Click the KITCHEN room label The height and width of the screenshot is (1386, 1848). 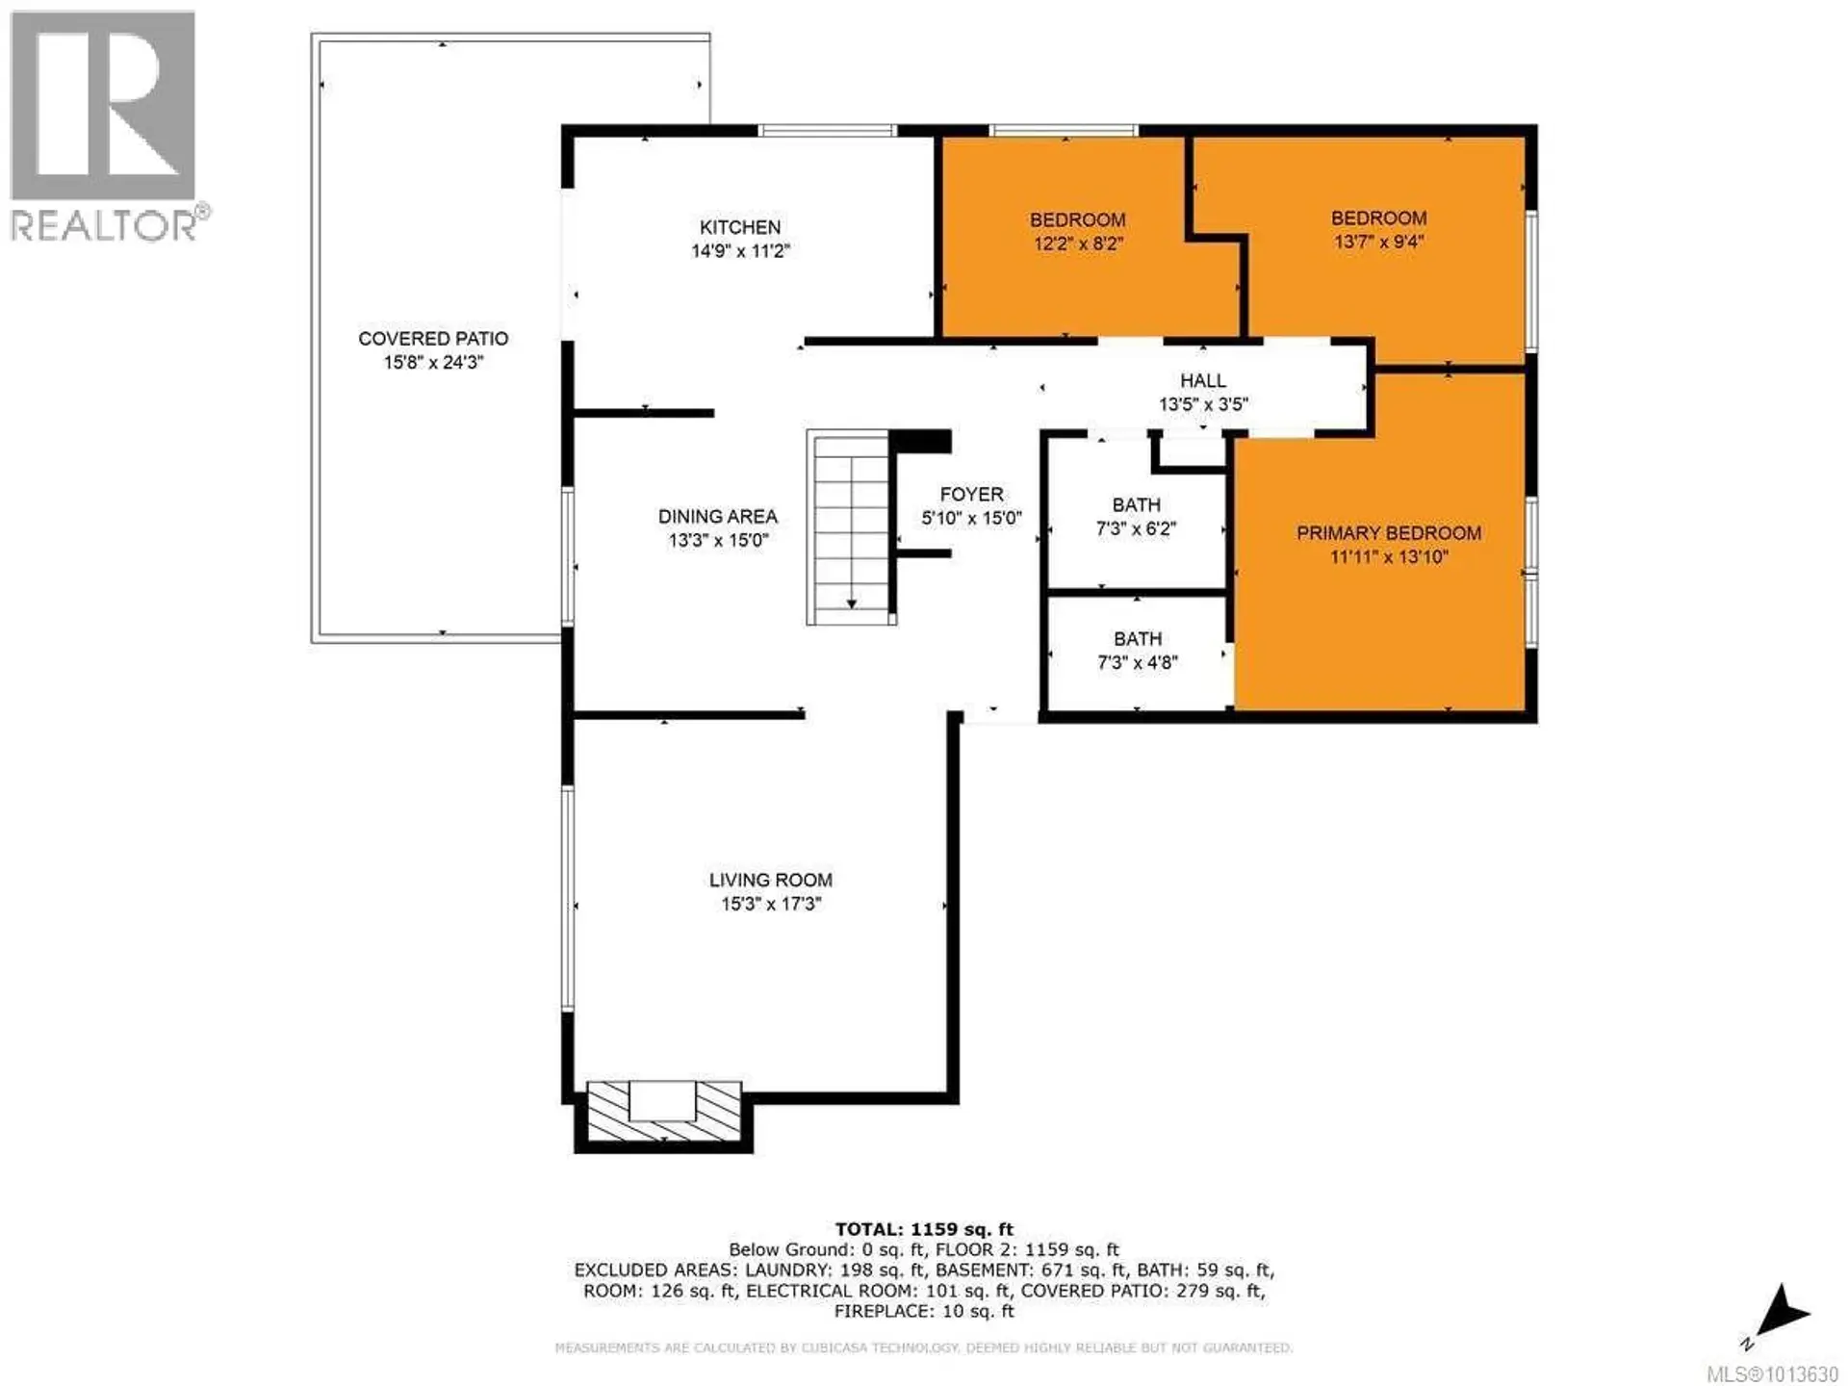tap(739, 227)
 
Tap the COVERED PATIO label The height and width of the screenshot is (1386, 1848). tap(433, 339)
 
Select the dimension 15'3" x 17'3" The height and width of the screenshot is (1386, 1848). tap(770, 904)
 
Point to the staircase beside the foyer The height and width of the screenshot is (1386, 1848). tap(851, 527)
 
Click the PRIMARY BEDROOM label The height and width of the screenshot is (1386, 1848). tap(1388, 533)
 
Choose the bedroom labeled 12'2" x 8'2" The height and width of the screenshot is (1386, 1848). tap(1077, 231)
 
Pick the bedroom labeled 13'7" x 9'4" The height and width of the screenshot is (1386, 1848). tap(1378, 229)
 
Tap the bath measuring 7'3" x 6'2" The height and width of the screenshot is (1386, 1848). tap(1136, 516)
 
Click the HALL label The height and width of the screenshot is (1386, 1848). tap(1203, 381)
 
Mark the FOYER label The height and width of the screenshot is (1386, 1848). tap(971, 495)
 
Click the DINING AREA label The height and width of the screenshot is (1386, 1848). tap(717, 517)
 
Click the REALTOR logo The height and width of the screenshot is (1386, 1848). tap(106, 125)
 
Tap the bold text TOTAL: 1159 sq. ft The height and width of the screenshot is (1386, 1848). tap(923, 1229)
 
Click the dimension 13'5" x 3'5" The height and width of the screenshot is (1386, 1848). tap(1203, 405)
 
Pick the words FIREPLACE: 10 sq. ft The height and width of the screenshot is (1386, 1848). tap(923, 1312)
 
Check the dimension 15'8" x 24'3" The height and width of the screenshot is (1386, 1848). tap(433, 363)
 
